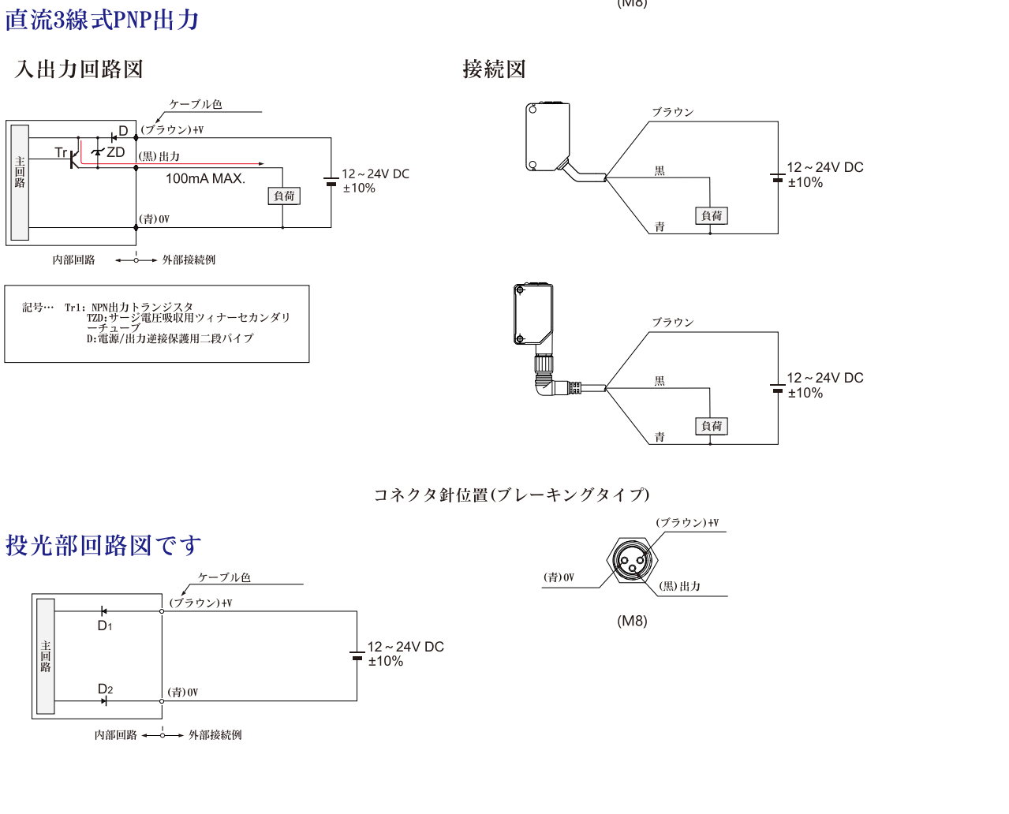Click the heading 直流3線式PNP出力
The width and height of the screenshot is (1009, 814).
click(x=102, y=20)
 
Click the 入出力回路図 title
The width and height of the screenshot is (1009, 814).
click(x=79, y=69)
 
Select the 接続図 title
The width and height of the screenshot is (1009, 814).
click(x=494, y=69)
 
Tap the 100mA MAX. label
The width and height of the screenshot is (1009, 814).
click(x=205, y=179)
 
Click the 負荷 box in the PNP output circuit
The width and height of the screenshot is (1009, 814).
click(x=284, y=196)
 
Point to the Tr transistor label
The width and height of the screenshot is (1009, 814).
click(x=61, y=152)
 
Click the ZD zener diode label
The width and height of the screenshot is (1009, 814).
click(x=116, y=152)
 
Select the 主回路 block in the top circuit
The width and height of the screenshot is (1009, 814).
click(x=20, y=182)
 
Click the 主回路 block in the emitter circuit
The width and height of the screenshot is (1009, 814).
click(x=46, y=656)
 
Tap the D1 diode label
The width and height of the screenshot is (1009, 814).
click(x=105, y=626)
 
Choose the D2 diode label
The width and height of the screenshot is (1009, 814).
click(x=105, y=689)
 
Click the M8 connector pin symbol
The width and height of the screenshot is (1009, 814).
click(x=631, y=561)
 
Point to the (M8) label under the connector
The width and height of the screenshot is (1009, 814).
click(x=632, y=622)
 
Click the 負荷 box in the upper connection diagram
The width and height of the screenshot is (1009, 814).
click(x=712, y=216)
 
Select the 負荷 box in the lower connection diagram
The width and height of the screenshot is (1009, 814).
click(x=712, y=427)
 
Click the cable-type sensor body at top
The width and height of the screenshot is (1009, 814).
click(x=547, y=137)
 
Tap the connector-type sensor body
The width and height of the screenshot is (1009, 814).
click(x=533, y=315)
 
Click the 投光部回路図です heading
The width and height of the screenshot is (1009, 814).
click(x=103, y=545)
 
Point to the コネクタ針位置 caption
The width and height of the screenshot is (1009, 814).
click(x=511, y=495)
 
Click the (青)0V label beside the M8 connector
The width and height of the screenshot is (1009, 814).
click(x=559, y=578)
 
